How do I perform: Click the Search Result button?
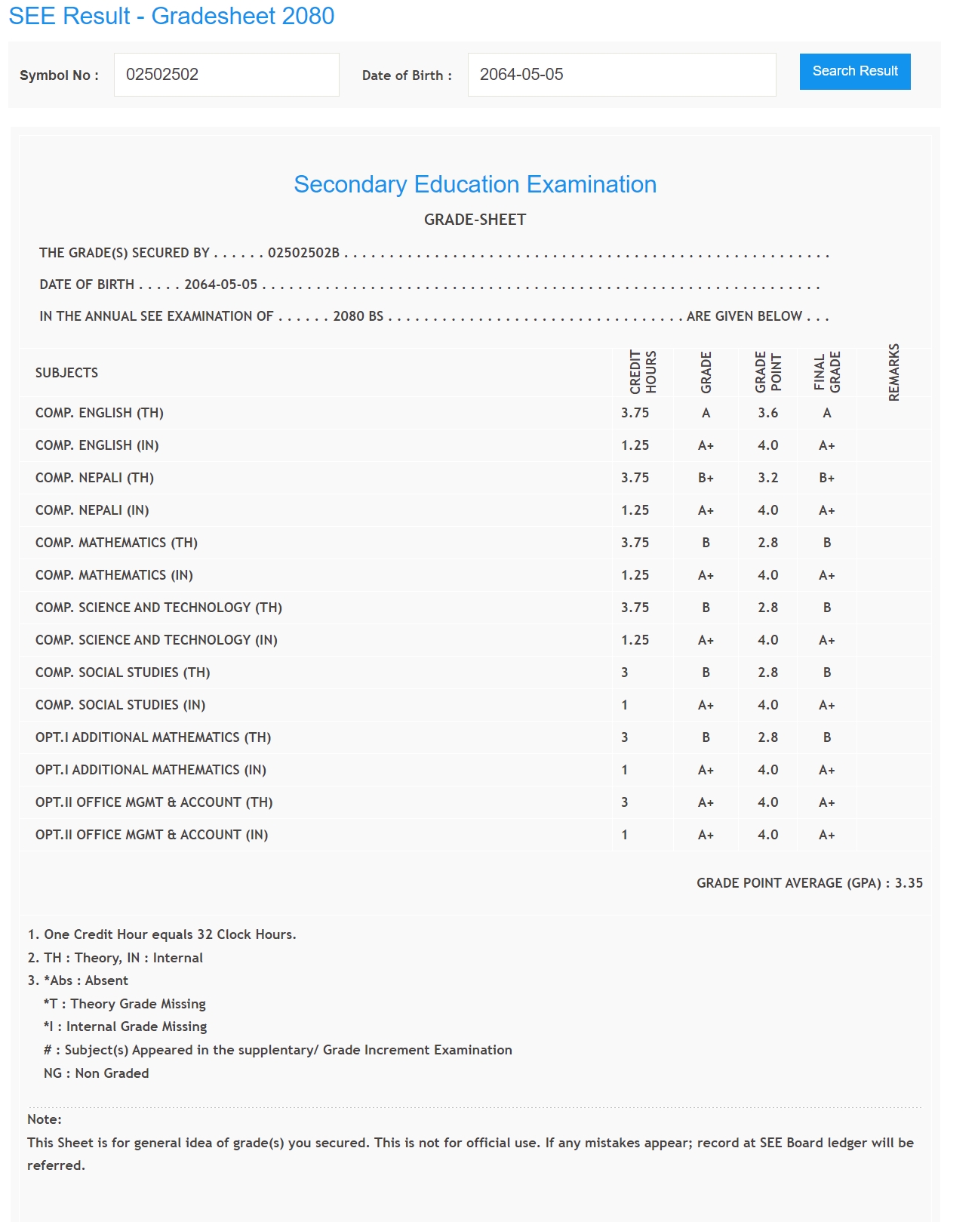(x=854, y=71)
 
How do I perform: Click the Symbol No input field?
(x=226, y=75)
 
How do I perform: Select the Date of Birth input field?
(x=621, y=75)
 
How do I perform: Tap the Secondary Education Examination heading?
(x=475, y=184)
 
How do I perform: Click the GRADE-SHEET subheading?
(x=475, y=220)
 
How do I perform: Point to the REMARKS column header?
(x=894, y=372)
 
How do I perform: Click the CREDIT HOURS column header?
(x=643, y=372)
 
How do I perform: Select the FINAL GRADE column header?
(x=827, y=372)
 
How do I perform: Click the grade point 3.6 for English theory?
(x=767, y=413)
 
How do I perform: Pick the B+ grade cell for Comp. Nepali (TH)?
(x=706, y=478)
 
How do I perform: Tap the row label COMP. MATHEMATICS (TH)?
(x=116, y=543)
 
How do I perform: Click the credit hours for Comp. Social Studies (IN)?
(x=625, y=705)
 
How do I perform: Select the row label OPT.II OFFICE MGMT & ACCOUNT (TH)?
(x=154, y=802)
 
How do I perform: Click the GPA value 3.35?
(x=909, y=883)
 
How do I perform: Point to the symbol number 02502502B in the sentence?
(x=303, y=253)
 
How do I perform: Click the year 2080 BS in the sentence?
(x=358, y=316)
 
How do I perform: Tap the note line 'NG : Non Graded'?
(x=96, y=1073)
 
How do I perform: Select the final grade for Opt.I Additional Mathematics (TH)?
(x=827, y=737)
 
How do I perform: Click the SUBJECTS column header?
(x=66, y=373)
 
